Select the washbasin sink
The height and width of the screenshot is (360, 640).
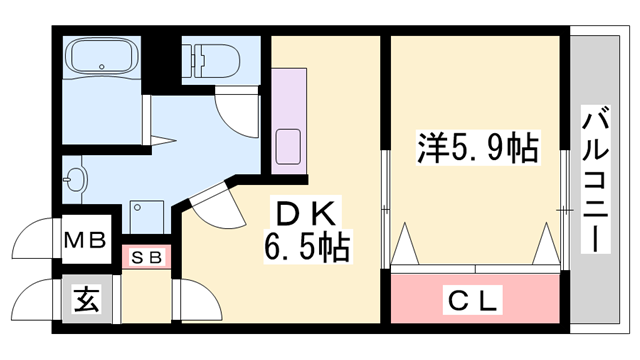[77, 181]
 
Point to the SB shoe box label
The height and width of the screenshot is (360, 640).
[148, 257]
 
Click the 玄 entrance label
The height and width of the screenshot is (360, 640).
[87, 299]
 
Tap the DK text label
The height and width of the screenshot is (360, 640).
[309, 212]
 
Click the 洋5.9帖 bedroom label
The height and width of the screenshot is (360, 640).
[477, 150]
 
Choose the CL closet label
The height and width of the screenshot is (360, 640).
[474, 298]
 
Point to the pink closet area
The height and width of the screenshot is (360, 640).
[474, 296]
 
